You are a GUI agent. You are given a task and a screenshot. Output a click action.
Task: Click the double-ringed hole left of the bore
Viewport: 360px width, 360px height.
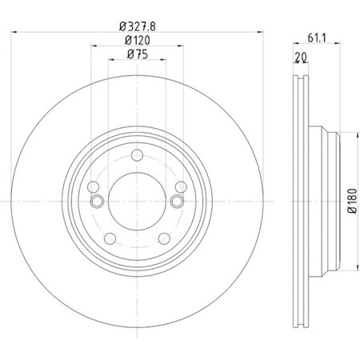tap(97, 202)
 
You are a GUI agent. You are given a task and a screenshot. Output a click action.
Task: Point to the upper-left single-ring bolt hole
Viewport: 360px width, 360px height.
tap(93, 185)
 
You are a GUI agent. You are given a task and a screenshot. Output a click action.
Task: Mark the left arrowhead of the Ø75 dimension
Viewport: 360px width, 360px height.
tap(110, 62)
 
